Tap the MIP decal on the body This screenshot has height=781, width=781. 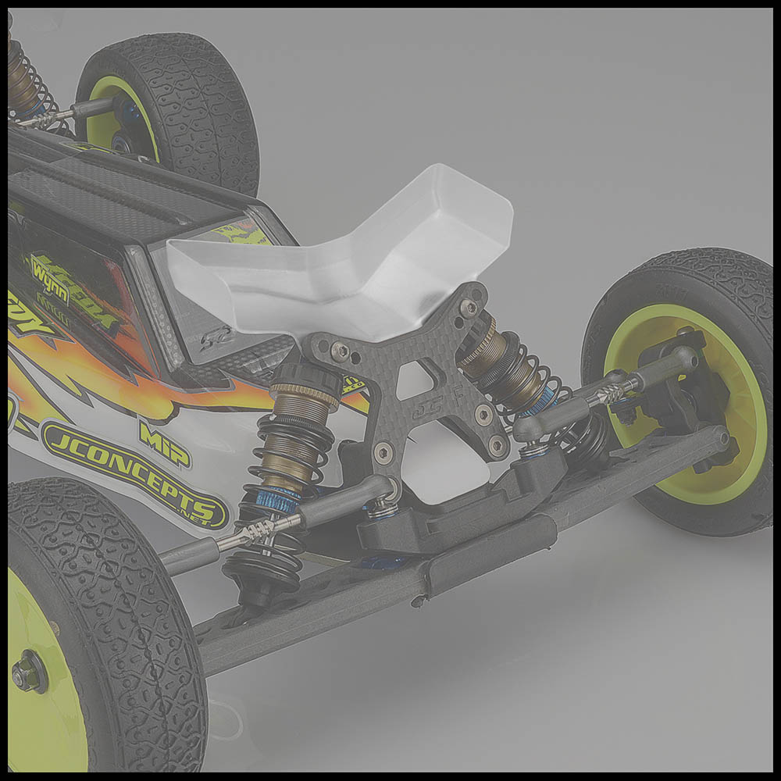pos(165,443)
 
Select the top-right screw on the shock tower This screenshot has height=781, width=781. pos(469,308)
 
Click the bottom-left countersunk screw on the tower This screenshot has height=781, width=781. pos(383,451)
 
